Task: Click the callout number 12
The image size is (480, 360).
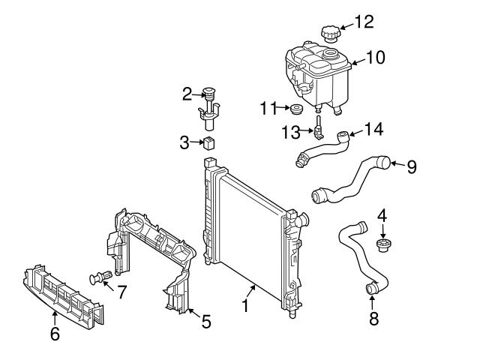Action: coord(364,22)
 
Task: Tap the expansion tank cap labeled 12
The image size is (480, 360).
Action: coord(329,34)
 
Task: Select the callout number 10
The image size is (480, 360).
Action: coord(376,57)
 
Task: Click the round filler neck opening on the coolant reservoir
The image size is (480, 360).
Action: coord(330,54)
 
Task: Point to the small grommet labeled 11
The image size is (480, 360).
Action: coord(296,109)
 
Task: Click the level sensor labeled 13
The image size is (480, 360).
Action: coord(318,128)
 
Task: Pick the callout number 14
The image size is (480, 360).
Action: coord(373,129)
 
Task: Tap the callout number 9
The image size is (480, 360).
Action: coord(412,166)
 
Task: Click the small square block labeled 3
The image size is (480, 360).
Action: coord(208,143)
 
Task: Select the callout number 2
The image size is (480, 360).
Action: coord(187,94)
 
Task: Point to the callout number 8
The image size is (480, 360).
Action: coord(373,318)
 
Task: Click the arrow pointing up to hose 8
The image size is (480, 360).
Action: coord(372,302)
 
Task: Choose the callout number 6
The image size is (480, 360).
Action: coord(55,334)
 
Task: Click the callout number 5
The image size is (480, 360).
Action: coord(206,322)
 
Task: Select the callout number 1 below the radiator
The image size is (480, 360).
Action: coord(245,305)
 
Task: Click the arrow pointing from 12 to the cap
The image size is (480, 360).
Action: coord(346,27)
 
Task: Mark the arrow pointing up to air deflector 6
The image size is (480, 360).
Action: coord(55,318)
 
